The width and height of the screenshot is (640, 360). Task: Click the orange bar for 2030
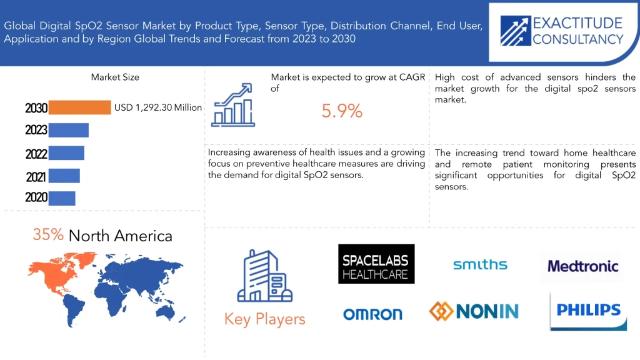[x=79, y=107]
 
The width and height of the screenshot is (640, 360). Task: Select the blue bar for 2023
[x=69, y=130]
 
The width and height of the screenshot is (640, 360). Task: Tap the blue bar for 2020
[x=62, y=197]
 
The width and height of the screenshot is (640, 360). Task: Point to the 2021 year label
[x=36, y=177]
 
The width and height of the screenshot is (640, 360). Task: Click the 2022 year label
[x=36, y=154]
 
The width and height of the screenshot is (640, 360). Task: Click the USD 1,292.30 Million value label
[x=158, y=107]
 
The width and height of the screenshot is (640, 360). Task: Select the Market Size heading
[x=115, y=77]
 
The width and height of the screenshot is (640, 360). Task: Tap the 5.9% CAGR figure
[x=342, y=111]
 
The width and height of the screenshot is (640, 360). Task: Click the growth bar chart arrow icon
[x=233, y=105]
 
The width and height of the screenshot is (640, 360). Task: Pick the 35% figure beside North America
[x=48, y=234]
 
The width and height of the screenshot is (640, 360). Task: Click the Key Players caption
[x=264, y=319]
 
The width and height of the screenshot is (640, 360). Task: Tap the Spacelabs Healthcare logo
[x=376, y=264]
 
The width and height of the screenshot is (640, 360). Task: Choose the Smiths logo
[x=480, y=265]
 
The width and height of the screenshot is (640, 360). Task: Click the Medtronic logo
[x=582, y=266]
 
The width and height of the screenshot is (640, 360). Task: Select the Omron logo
[x=372, y=314]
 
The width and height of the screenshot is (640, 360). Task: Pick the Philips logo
[x=588, y=310]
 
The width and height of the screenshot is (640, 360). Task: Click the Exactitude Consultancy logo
[x=562, y=31]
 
